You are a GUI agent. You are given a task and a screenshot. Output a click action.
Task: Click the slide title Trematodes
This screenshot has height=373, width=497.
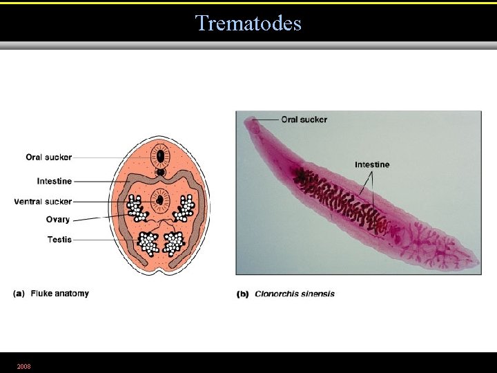pos(248,23)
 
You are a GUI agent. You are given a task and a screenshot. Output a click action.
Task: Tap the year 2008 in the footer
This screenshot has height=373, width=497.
pos(23,365)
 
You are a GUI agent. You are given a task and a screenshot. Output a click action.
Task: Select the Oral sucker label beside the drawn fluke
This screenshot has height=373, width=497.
pos(48,157)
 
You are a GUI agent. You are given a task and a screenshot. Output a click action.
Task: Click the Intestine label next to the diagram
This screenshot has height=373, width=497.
pos(54,181)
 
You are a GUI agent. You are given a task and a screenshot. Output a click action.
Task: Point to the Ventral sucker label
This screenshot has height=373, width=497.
pos(43,202)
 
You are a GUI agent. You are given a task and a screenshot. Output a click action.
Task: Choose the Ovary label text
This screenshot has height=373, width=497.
pos(58,220)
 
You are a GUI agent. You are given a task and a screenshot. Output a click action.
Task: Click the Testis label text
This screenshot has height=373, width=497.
pos(59,240)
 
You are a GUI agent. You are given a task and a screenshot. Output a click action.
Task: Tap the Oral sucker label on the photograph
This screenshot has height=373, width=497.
pos(304,119)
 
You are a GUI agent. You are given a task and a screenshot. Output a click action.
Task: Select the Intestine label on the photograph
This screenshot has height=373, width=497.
pos(372,164)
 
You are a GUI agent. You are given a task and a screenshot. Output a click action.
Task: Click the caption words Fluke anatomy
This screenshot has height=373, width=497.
pos(59,294)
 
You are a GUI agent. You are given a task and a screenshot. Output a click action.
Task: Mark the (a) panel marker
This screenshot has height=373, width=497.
pos(19,294)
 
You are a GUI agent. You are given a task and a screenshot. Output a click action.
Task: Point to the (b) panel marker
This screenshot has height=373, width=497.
pos(243,294)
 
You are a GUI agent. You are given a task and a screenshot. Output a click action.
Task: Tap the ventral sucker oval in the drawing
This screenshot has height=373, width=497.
pos(161,200)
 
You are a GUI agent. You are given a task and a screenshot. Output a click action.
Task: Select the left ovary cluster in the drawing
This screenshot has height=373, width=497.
pos(137,207)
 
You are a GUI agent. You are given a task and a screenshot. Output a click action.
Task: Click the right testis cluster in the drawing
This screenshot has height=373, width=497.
pos(173,242)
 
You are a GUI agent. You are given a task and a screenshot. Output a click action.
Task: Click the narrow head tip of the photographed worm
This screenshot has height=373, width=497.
pos(246,123)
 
